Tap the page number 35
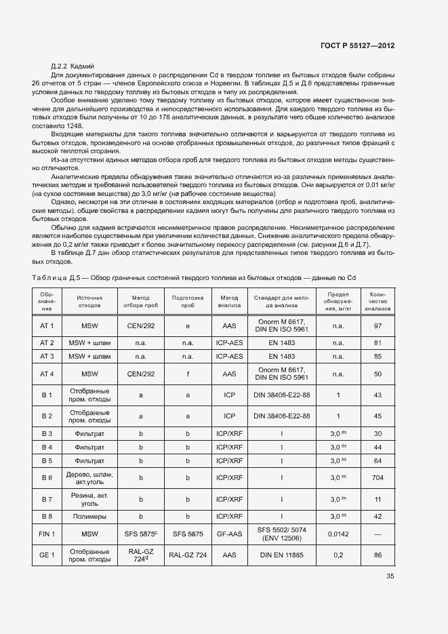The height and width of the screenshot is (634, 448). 390,576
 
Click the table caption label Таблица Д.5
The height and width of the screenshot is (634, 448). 56,278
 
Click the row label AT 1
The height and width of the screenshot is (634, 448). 47,326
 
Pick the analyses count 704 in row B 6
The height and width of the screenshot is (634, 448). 378,477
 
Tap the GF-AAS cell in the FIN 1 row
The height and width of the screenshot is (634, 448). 230,534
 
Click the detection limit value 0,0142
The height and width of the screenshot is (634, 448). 338,534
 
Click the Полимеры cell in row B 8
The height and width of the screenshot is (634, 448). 89,517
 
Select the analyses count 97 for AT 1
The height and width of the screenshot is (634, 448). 378,326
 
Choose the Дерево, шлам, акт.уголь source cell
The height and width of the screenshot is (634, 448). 89,477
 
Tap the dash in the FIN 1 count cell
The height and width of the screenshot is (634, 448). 378,534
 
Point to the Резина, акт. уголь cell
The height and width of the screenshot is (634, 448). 89,499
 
